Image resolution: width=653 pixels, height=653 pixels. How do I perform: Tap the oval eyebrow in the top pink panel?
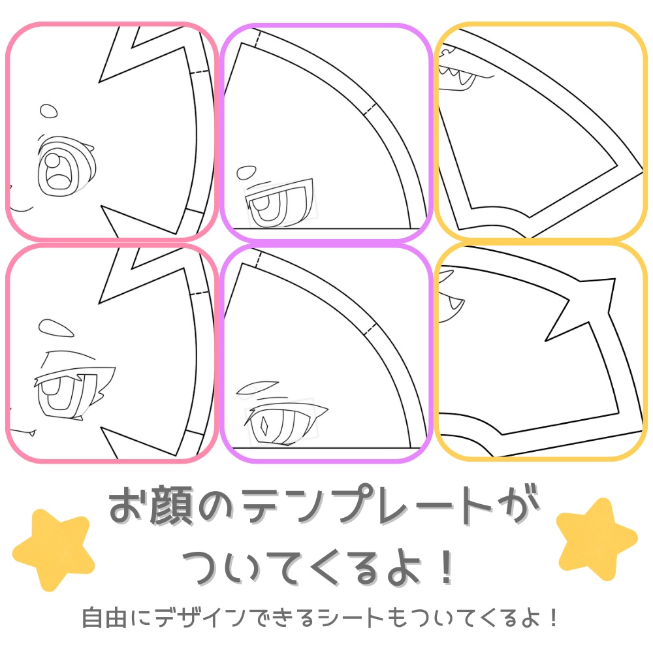point(48,111)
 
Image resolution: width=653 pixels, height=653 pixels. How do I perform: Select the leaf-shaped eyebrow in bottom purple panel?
point(259,387)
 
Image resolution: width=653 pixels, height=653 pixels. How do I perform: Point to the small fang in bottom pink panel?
point(31,432)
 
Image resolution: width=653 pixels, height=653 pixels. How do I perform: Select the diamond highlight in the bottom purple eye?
point(264,425)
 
